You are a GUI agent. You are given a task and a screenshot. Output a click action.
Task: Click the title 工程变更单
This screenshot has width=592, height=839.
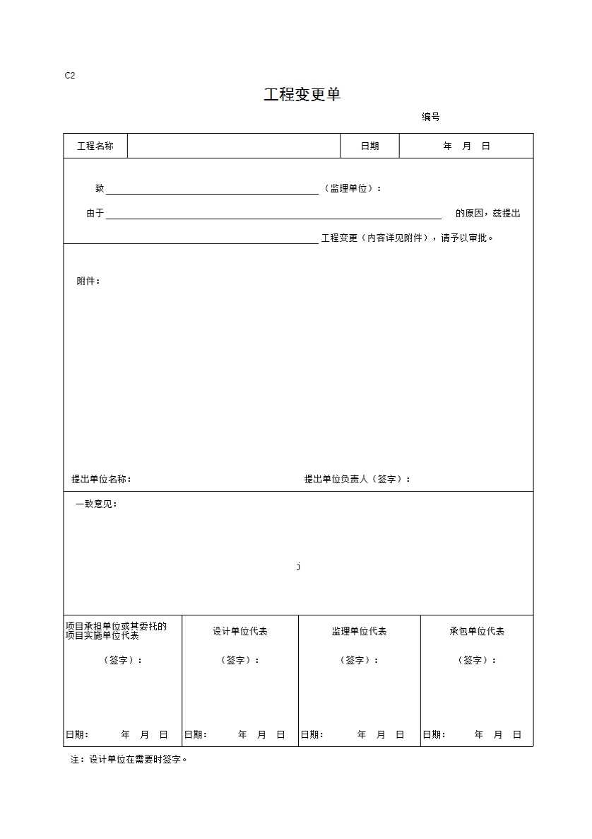[302, 95]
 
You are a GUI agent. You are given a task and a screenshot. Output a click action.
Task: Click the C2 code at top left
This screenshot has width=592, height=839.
[69, 76]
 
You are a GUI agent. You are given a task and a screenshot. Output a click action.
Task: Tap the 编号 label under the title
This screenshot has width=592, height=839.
[431, 117]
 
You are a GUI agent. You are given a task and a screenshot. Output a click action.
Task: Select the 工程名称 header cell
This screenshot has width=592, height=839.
[95, 146]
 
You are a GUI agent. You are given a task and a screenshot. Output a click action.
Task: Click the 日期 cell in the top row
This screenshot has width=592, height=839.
[369, 146]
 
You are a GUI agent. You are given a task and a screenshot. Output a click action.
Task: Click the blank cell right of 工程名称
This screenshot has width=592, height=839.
[234, 146]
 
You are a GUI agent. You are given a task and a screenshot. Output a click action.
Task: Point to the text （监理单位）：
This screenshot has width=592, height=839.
[353, 189]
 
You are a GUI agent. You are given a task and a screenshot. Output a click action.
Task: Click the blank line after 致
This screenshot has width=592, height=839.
[212, 190]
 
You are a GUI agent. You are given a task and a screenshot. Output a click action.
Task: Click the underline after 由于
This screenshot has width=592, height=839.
[273, 214]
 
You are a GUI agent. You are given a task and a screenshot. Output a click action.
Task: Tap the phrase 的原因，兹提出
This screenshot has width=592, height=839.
[487, 214]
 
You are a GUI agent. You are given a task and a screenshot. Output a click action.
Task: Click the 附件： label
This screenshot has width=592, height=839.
[88, 282]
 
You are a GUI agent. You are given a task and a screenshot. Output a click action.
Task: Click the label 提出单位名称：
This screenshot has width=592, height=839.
[101, 480]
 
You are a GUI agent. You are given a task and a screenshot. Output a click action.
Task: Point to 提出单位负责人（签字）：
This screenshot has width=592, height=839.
[357, 480]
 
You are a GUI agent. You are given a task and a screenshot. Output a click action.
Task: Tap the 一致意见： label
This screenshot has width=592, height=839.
[96, 504]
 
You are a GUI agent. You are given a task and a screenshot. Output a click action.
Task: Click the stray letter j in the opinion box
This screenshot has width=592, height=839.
[299, 567]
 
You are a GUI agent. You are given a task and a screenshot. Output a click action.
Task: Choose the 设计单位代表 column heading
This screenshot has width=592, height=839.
[240, 632]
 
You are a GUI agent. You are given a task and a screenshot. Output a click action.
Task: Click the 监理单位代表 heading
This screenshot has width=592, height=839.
[359, 632]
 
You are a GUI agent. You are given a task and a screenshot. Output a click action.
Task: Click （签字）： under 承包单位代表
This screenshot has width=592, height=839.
[477, 661]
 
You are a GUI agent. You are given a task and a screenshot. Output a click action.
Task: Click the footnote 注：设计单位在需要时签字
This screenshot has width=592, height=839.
[129, 760]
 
